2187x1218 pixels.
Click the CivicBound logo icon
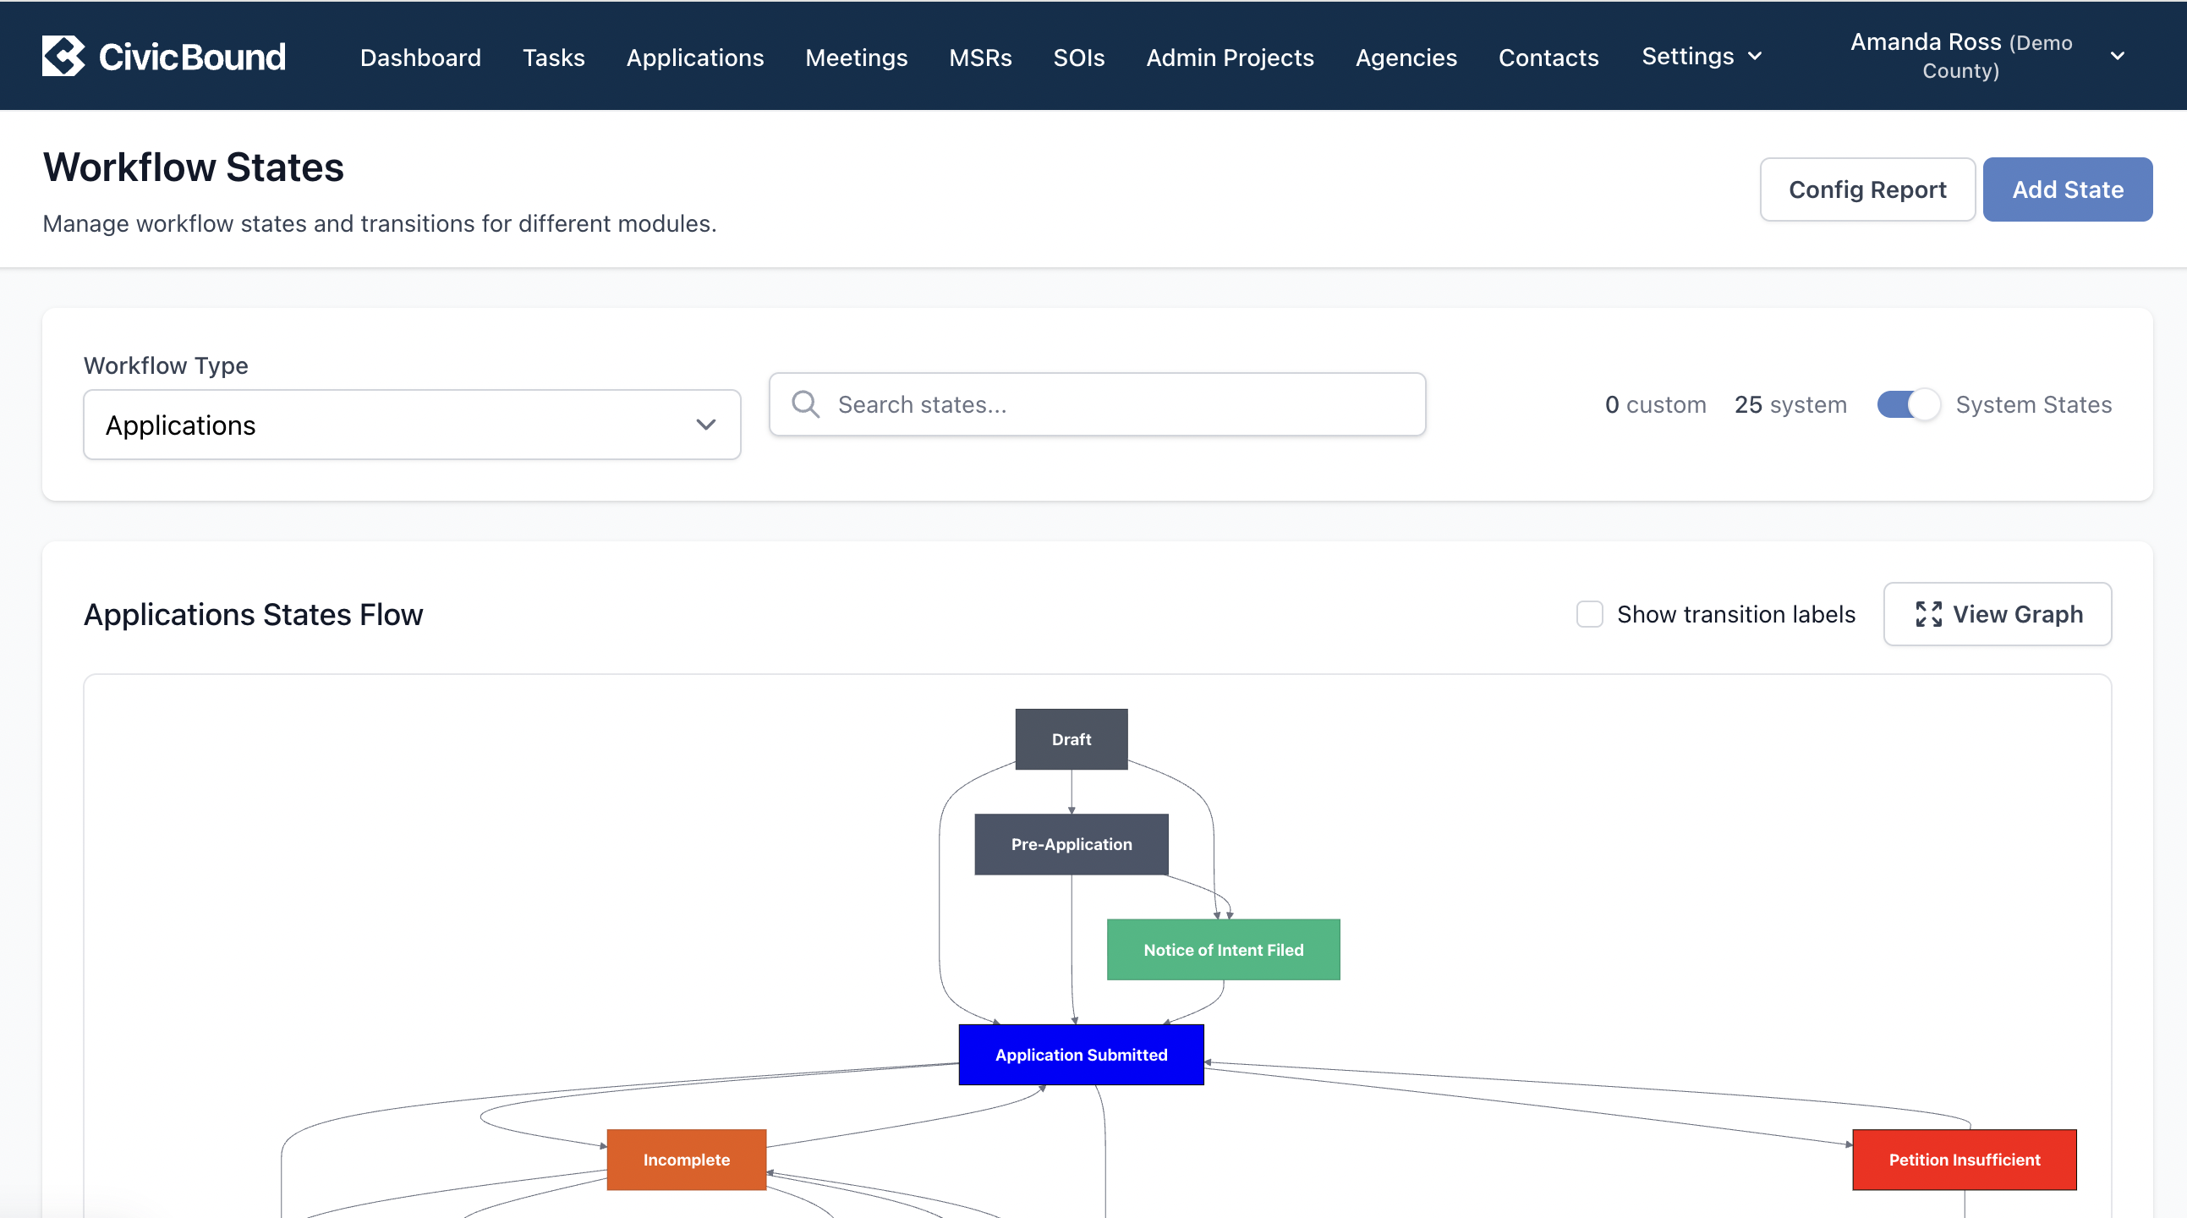63,56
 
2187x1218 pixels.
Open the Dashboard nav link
420,57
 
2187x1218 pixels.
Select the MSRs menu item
979,57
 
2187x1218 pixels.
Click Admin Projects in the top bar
1230,57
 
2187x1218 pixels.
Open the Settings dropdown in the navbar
1702,56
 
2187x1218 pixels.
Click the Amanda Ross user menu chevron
2118,56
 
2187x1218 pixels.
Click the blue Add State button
2067,189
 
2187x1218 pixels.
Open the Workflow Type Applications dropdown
412,425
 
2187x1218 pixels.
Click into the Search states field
1097,404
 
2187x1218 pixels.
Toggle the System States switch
1908,404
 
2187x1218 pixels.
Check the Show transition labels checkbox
1589,614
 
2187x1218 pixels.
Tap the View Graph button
1997,614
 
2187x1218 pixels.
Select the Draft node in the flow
1072,739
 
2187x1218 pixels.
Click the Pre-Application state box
1072,844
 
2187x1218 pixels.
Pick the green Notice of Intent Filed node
1224,950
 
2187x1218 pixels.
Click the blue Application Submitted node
1081,1055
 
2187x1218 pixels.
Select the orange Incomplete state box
686,1160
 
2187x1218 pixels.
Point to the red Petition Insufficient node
1965,1160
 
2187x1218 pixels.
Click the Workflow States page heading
194,167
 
